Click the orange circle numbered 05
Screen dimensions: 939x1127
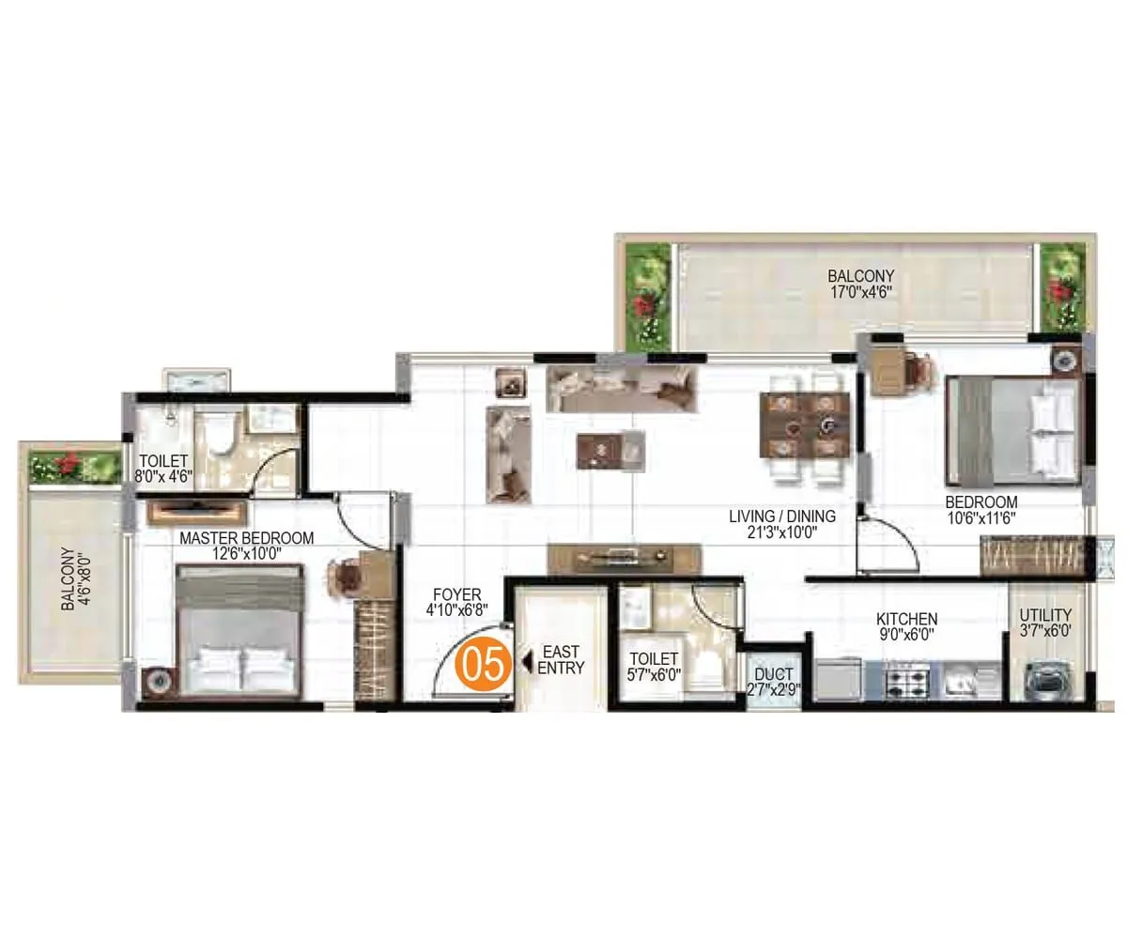click(485, 663)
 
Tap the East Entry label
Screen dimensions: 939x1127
click(561, 660)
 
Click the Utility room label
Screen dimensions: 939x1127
click(1045, 623)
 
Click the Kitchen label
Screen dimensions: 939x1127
click(906, 626)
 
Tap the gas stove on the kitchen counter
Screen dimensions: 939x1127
click(904, 680)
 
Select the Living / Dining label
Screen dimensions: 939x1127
click(782, 523)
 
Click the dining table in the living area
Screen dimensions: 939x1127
click(805, 425)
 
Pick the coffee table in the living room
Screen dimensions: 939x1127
click(610, 448)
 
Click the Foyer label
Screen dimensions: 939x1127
click(457, 602)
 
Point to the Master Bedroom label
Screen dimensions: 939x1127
click(246, 546)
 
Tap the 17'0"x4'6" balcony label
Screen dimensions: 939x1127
click(859, 284)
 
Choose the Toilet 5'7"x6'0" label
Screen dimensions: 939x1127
click(655, 666)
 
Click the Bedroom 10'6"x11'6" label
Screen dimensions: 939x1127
click(981, 509)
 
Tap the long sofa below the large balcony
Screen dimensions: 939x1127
click(622, 388)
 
